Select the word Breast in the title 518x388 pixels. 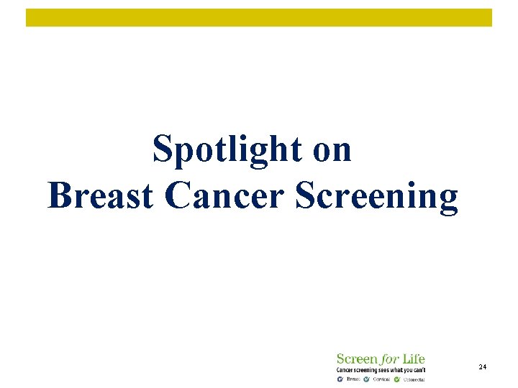click(x=101, y=195)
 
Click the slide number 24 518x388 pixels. click(x=482, y=367)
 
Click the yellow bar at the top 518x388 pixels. click(x=259, y=18)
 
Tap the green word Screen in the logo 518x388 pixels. click(x=357, y=359)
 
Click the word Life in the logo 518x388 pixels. click(x=414, y=359)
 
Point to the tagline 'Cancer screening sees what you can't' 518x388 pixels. click(x=381, y=369)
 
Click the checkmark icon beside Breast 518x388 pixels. click(x=340, y=379)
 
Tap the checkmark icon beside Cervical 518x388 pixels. click(x=367, y=379)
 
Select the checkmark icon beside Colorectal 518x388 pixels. click(x=396, y=379)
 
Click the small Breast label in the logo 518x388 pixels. click(x=353, y=379)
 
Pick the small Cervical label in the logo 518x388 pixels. click(x=381, y=379)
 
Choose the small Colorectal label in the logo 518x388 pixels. click(x=414, y=379)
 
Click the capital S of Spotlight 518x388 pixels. click(x=162, y=149)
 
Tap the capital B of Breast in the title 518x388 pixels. click(x=58, y=195)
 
